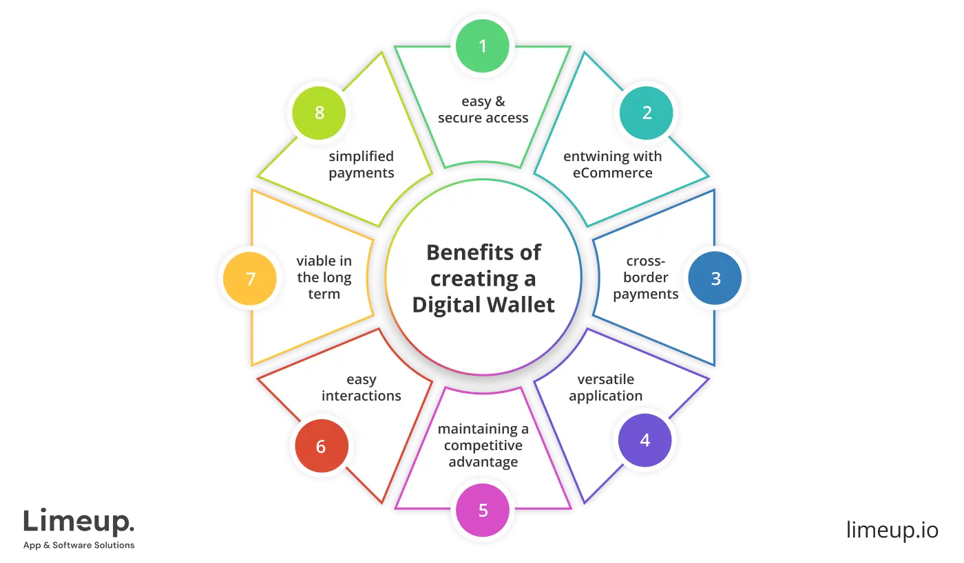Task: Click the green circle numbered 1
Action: (483, 46)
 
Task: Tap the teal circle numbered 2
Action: (647, 113)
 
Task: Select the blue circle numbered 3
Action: (715, 279)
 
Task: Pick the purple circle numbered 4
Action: (645, 440)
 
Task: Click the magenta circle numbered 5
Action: (483, 511)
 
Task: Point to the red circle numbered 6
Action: (320, 447)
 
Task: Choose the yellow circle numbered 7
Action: (251, 279)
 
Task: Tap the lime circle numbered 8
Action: (319, 113)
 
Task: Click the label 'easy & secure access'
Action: (483, 109)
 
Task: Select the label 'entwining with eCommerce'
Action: (612, 164)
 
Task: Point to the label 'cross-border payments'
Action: (645, 277)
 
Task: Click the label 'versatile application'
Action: (605, 387)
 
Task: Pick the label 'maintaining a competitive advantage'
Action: (483, 445)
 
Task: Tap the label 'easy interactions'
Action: (361, 387)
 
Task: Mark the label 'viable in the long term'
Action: (324, 277)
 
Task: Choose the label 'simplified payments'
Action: (361, 164)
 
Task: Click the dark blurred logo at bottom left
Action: (79, 527)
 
